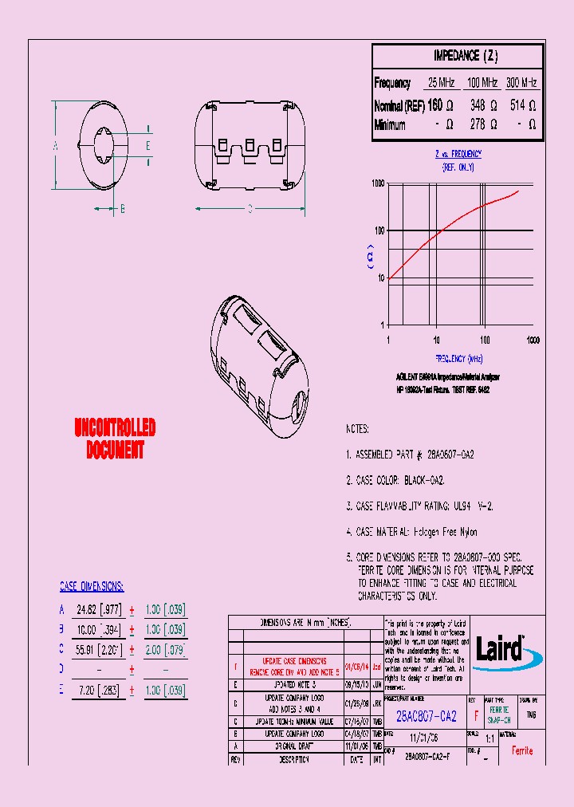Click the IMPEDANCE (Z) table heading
(x=466, y=56)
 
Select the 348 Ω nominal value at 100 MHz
(x=483, y=104)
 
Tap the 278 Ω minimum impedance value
(x=483, y=124)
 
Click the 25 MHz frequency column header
(x=442, y=82)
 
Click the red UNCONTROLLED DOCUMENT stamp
(x=115, y=439)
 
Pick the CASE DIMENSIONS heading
(x=92, y=586)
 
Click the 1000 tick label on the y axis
(x=377, y=183)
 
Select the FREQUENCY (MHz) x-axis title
(x=458, y=358)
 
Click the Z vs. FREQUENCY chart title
(x=458, y=154)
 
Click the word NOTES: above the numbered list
(x=358, y=428)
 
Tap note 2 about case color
(x=396, y=480)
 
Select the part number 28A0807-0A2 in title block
(x=427, y=717)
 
